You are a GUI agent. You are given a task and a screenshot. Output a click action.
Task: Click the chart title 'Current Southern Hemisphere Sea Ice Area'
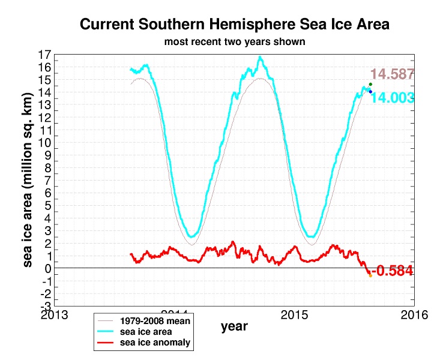pyautogui.click(x=235, y=25)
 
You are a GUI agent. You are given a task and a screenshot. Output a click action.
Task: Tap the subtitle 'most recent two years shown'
pyautogui.click(x=235, y=43)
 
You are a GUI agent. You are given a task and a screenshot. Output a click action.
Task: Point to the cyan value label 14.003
pyautogui.click(x=393, y=98)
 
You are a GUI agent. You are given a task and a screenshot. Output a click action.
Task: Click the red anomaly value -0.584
pyautogui.click(x=393, y=271)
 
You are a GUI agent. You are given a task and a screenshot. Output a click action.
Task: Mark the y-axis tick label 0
pyautogui.click(x=46, y=268)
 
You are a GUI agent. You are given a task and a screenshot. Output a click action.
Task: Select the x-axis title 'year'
pyautogui.click(x=234, y=327)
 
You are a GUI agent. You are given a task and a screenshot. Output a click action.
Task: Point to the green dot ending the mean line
pyautogui.click(x=370, y=84)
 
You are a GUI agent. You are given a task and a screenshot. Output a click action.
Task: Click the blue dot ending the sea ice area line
pyautogui.click(x=370, y=91)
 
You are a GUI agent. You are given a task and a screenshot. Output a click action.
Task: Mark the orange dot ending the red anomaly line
pyautogui.click(x=370, y=275)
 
